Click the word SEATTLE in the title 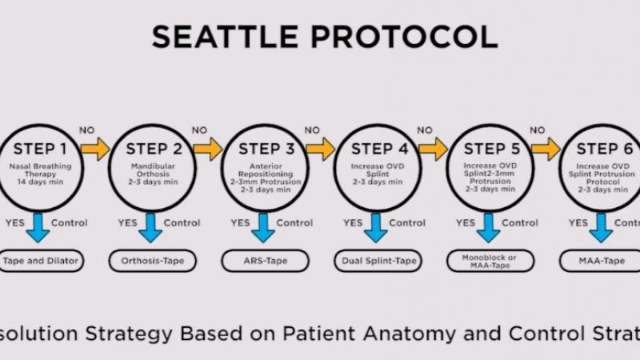pyautogui.click(x=226, y=37)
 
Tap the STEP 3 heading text pyautogui.click(x=271, y=149)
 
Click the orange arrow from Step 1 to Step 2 pyautogui.click(x=95, y=149)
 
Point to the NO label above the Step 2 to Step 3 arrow pyautogui.click(x=199, y=130)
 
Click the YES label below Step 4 pyautogui.click(x=353, y=222)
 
